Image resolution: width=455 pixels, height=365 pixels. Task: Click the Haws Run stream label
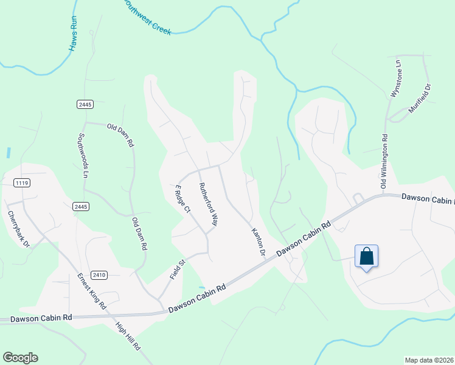[x=74, y=33]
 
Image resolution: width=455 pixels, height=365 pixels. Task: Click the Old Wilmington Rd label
[x=384, y=162]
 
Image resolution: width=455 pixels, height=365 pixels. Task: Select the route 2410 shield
[x=100, y=275]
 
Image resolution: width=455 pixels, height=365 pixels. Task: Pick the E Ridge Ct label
[x=182, y=199]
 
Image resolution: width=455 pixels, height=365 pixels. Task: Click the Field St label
[x=177, y=266]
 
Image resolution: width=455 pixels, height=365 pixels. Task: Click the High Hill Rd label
[x=128, y=336]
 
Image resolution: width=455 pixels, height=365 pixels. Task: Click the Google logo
[x=20, y=358]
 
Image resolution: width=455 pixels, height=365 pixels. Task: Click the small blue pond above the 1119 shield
[x=9, y=153]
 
